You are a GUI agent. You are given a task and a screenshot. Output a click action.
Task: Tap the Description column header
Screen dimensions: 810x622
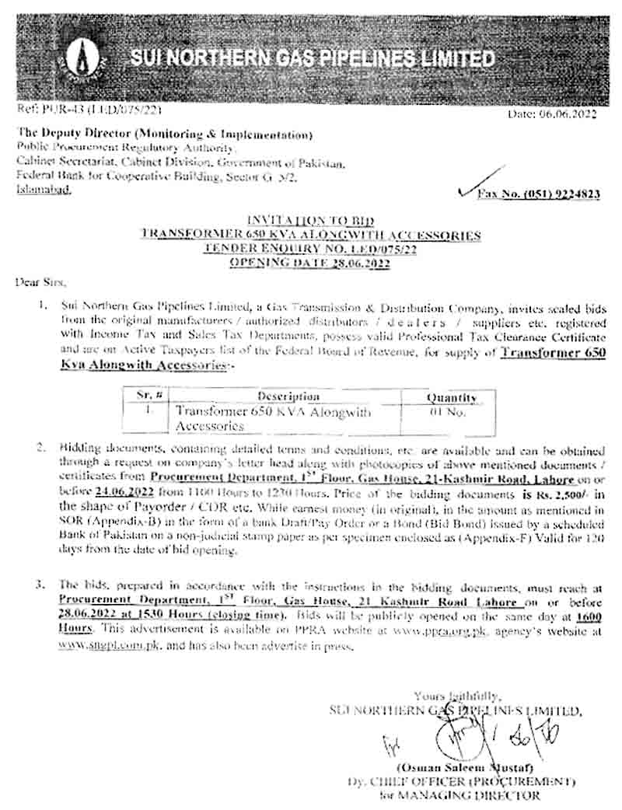(x=288, y=396)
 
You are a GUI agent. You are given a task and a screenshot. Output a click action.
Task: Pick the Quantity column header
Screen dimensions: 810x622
(x=451, y=397)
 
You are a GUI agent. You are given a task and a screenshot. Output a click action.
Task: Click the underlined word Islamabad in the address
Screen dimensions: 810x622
(x=43, y=190)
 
